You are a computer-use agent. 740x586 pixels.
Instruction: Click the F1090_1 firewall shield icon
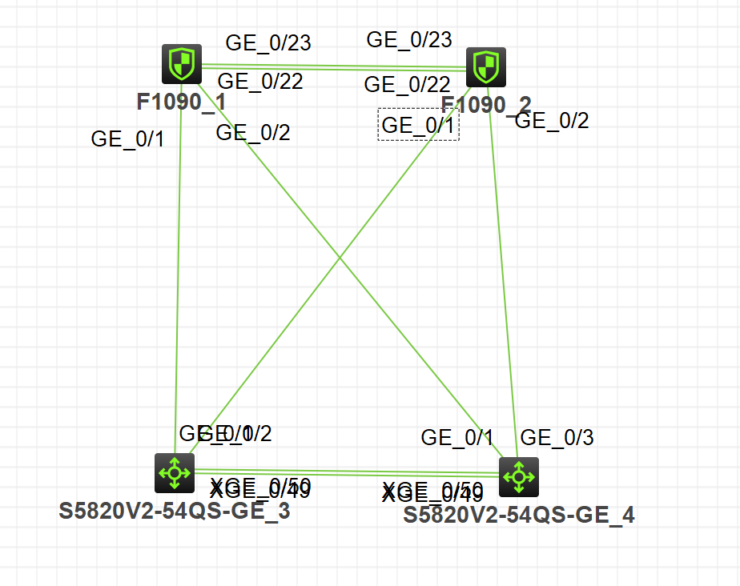click(x=181, y=64)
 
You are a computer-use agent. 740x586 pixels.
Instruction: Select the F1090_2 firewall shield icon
click(x=485, y=66)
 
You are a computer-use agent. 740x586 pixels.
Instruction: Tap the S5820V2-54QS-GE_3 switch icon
click(x=175, y=472)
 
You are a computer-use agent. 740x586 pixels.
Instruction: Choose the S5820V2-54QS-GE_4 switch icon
click(x=518, y=477)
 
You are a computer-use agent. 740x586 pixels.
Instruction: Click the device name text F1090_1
click(x=181, y=102)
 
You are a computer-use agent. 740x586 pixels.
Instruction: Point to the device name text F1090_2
click(x=486, y=105)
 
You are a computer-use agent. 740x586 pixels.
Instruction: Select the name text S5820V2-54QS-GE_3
click(x=175, y=512)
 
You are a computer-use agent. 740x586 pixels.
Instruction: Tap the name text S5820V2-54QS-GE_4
click(x=519, y=515)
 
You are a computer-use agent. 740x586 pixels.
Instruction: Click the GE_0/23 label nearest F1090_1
click(x=268, y=42)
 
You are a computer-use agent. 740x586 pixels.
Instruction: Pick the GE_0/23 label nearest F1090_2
click(x=409, y=39)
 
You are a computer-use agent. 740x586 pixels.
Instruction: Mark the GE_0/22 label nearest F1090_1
click(x=260, y=81)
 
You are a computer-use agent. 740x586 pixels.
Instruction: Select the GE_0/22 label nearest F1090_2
click(x=407, y=84)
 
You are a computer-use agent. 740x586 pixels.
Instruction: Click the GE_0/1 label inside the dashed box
click(x=418, y=125)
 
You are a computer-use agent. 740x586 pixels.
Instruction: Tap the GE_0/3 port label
click(x=557, y=437)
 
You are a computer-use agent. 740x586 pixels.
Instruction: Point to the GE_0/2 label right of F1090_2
click(x=553, y=121)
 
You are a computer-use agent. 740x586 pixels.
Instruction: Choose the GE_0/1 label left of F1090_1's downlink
click(x=128, y=138)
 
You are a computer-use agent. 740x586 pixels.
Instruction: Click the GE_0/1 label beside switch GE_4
click(x=458, y=437)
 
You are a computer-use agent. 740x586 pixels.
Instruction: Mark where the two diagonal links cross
click(x=340, y=259)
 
